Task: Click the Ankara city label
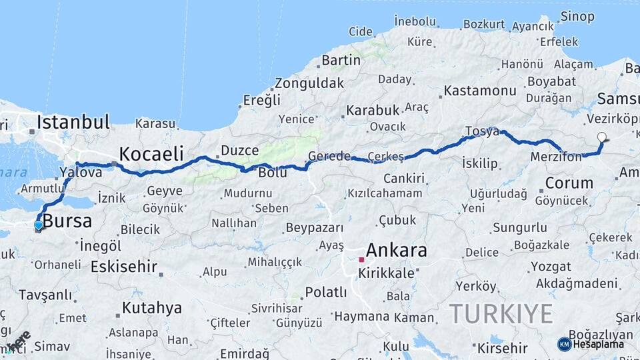coord(397,251)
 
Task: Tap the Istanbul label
coord(73,122)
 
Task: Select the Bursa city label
coord(67,221)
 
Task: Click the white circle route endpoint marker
coord(602,137)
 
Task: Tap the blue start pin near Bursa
coord(39,225)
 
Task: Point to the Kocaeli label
coord(151,154)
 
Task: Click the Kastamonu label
coord(480,90)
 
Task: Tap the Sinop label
coord(577,16)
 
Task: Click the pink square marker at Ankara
coord(361,259)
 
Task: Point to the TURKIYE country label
coord(501,313)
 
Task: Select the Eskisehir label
coord(124,267)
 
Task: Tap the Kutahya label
coord(151,308)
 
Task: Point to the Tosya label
coord(481,131)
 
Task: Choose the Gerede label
coord(329,157)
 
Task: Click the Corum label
coord(569,183)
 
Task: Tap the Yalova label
coord(81,172)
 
